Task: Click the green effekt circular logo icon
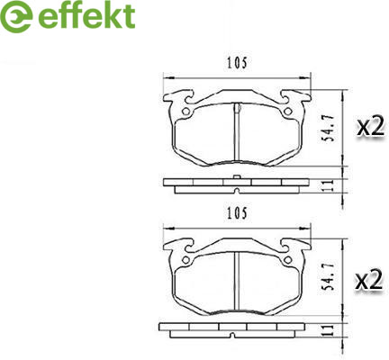(16, 16)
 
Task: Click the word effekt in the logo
(86, 15)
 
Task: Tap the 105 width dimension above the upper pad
(237, 63)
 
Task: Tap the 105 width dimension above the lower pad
(237, 213)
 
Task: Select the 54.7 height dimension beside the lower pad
(327, 276)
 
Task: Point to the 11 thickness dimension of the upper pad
(330, 185)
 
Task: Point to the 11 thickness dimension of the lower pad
(330, 330)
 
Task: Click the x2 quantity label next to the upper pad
(371, 127)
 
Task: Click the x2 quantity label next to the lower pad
(369, 280)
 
